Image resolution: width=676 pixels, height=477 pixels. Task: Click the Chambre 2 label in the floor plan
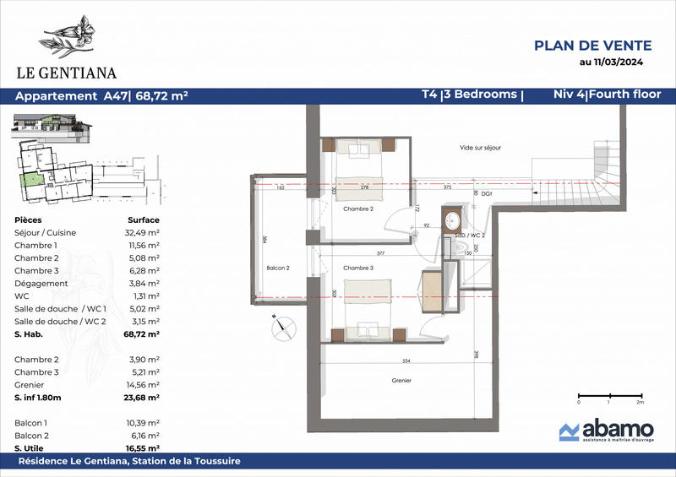coord(358,209)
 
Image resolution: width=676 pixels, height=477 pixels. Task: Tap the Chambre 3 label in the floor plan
coord(358,268)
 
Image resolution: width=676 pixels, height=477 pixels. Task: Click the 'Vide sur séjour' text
coord(480,148)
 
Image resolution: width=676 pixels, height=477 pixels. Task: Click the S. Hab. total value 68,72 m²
coord(141,334)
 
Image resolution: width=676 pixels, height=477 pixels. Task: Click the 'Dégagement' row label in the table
coord(41,284)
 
